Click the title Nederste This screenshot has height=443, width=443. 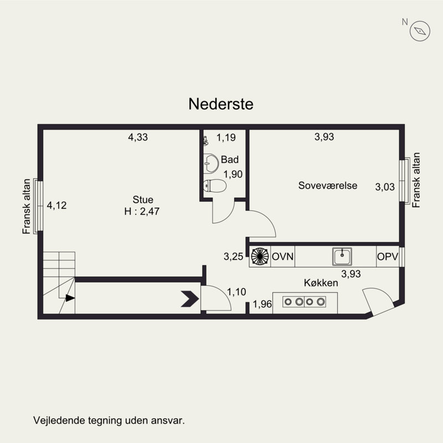(x=220, y=104)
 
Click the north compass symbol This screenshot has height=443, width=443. (x=420, y=31)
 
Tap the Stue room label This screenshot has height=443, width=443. (x=143, y=200)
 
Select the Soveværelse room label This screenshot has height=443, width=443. (x=328, y=186)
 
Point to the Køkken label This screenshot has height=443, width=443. (x=321, y=283)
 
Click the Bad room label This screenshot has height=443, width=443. (x=230, y=159)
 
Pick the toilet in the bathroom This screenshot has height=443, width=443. (x=215, y=186)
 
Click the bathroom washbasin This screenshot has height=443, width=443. (x=211, y=163)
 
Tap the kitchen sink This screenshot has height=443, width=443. (x=342, y=256)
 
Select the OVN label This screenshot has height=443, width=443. (x=282, y=256)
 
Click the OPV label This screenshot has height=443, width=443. (x=387, y=256)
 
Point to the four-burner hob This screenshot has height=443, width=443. (x=304, y=302)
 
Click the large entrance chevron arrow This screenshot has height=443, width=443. (x=190, y=299)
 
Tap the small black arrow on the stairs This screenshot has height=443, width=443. (x=70, y=298)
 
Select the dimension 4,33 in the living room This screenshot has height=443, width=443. (x=138, y=137)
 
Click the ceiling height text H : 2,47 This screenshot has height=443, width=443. (x=142, y=212)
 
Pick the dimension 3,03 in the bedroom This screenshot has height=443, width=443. (x=385, y=187)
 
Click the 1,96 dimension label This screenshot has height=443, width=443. (x=262, y=304)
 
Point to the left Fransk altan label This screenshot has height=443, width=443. (x=26, y=207)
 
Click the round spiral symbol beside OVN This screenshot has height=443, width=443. (x=260, y=256)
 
